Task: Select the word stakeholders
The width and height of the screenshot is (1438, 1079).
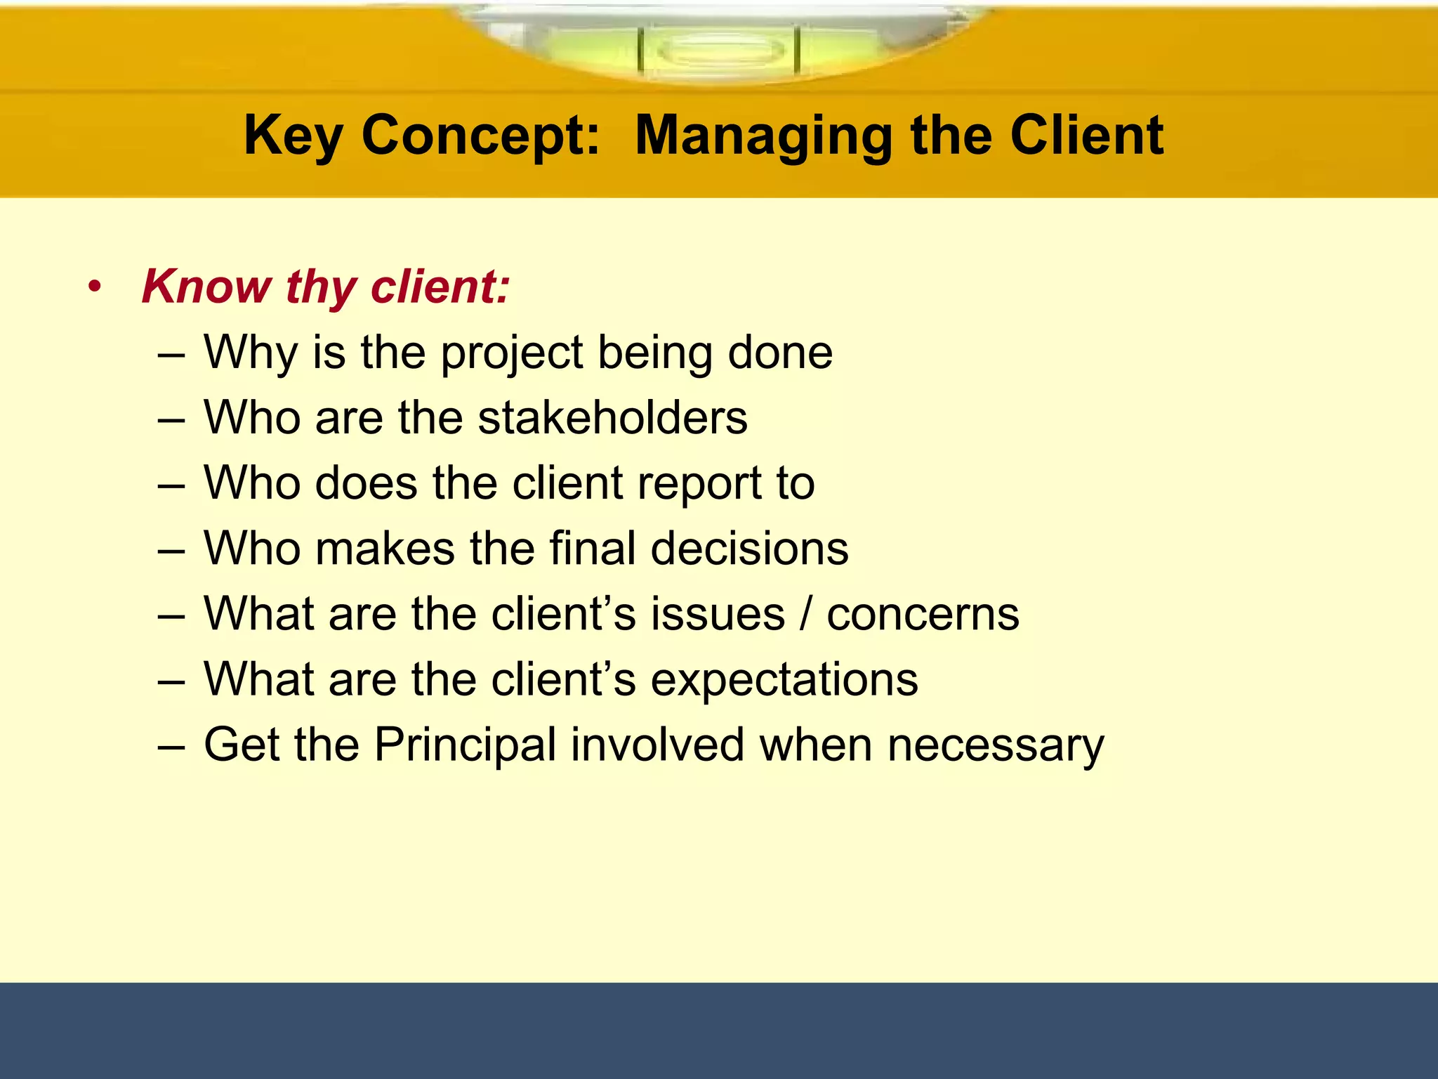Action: pyautogui.click(x=612, y=417)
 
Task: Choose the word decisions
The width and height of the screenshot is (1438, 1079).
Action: pyautogui.click(x=749, y=548)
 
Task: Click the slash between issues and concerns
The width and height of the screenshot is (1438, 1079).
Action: pyautogui.click(x=805, y=614)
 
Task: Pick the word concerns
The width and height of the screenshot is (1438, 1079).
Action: pyautogui.click(x=923, y=614)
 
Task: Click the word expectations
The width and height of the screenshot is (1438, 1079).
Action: pyautogui.click(x=784, y=679)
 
